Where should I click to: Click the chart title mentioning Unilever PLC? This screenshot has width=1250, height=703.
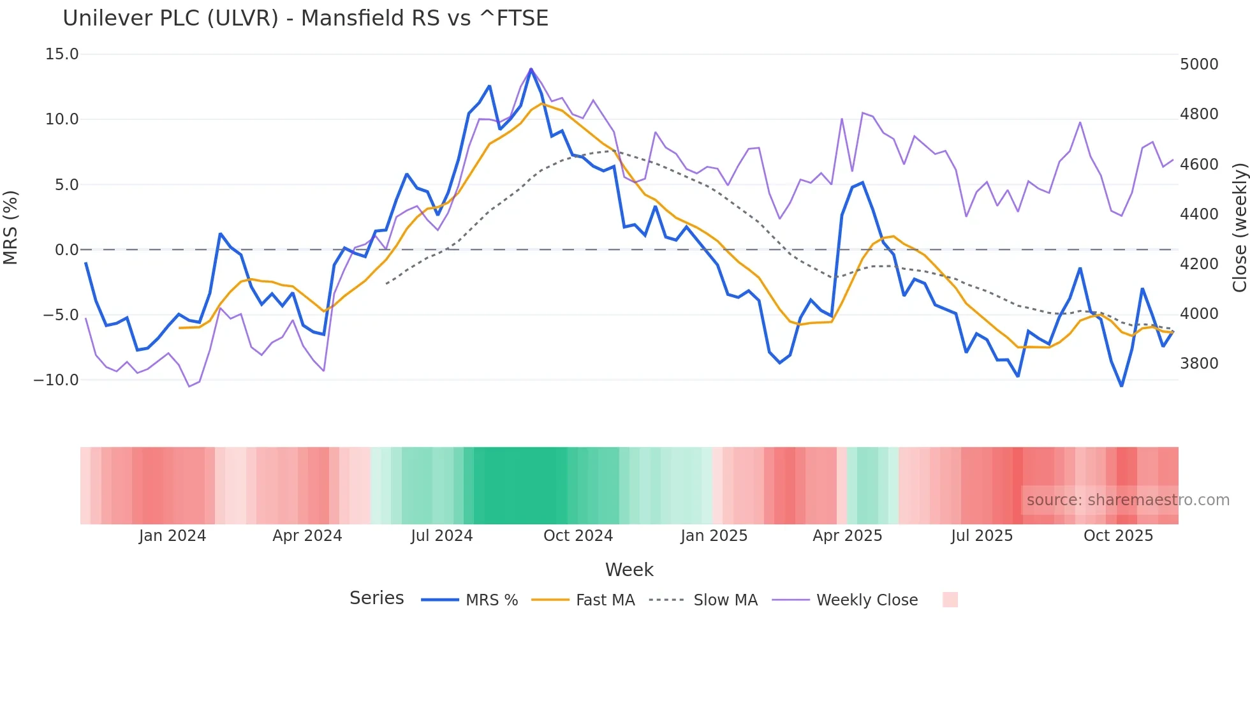coord(305,18)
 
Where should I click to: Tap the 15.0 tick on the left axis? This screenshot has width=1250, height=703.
coord(62,54)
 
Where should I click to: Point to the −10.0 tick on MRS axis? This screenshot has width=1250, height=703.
coord(56,380)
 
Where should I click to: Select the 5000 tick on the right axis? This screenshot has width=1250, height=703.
coord(1199,64)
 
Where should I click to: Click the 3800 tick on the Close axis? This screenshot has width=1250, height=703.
coord(1199,364)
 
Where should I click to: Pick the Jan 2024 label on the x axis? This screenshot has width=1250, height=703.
coord(172,536)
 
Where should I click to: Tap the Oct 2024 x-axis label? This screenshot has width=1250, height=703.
coord(578,536)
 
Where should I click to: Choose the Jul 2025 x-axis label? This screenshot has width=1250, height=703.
coord(982,536)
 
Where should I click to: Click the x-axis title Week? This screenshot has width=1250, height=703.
coord(629,570)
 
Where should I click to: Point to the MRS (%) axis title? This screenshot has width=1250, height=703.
coord(11,227)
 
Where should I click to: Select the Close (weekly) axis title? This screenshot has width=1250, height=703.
coord(1239,227)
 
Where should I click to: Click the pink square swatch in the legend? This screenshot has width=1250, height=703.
coord(950,600)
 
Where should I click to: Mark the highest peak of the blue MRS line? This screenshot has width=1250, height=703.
coord(531,69)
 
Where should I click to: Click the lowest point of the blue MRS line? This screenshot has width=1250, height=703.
coord(1121,386)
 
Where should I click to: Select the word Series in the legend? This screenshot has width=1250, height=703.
coord(376,598)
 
